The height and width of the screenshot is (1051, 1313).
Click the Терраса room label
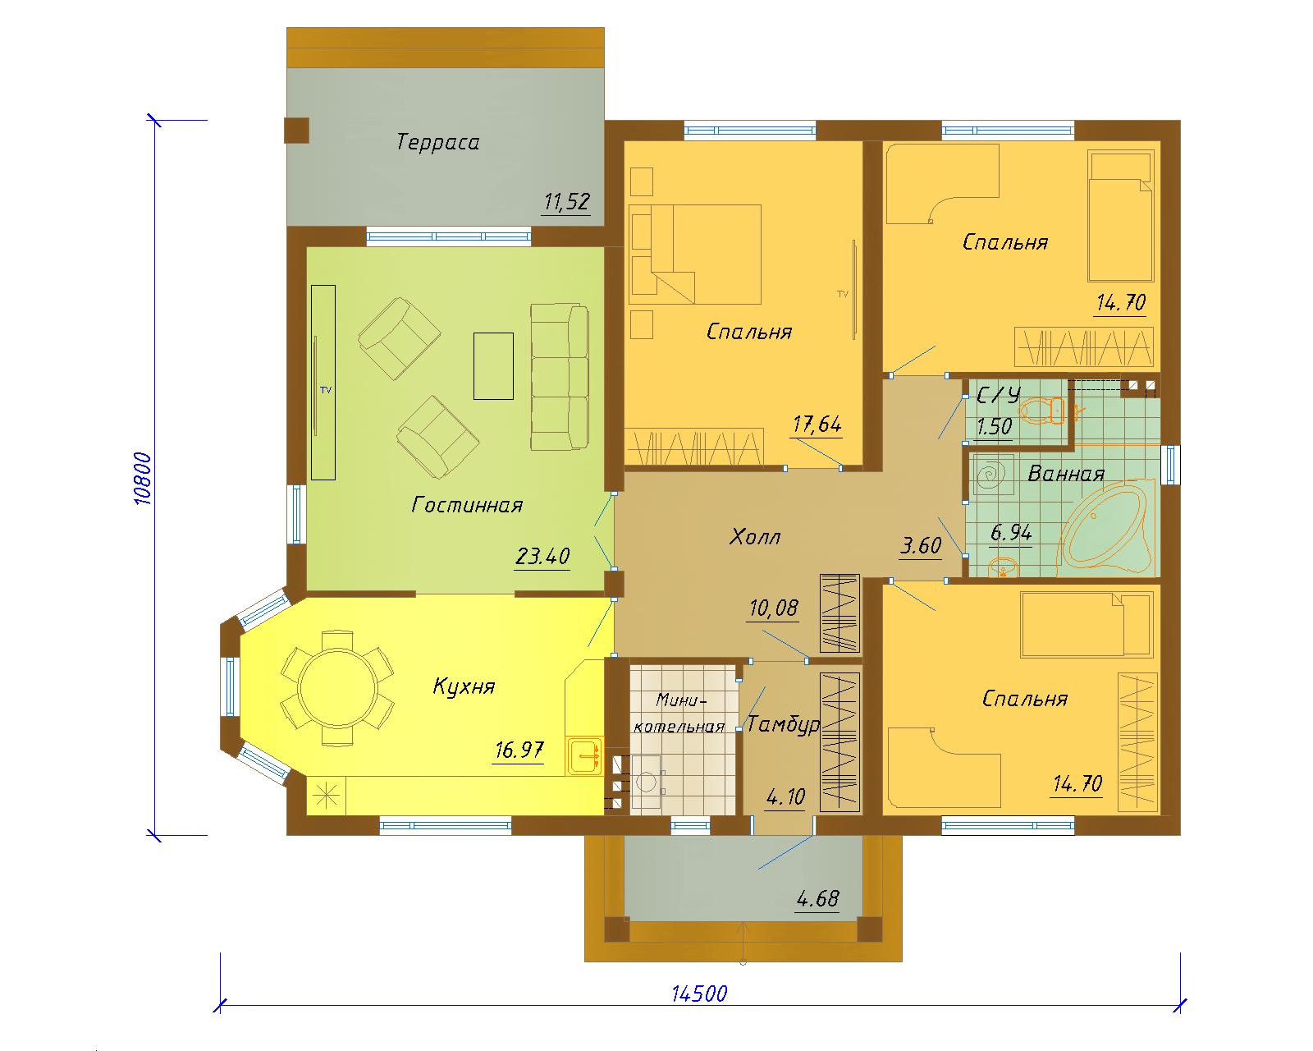(437, 142)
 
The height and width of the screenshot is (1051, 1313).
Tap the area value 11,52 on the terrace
(566, 201)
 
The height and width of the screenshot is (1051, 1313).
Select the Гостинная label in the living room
(467, 505)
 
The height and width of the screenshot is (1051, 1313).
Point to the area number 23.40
(542, 557)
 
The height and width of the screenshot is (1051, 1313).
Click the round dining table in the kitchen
(337, 688)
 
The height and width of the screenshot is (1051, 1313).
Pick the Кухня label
(464, 686)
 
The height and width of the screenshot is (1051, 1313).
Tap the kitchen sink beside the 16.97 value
(585, 757)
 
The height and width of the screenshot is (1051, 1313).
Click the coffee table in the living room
(493, 366)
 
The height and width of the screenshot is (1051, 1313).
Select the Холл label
(755, 537)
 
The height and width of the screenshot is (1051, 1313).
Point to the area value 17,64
(817, 424)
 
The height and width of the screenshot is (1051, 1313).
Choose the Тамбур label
(784, 724)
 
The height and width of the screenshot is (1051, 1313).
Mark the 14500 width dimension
(699, 994)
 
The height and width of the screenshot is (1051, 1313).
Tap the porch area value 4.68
(817, 898)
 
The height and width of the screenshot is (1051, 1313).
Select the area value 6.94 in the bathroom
(1011, 533)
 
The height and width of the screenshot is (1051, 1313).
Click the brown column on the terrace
(297, 130)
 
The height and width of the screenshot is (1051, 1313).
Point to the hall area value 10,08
(773, 608)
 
